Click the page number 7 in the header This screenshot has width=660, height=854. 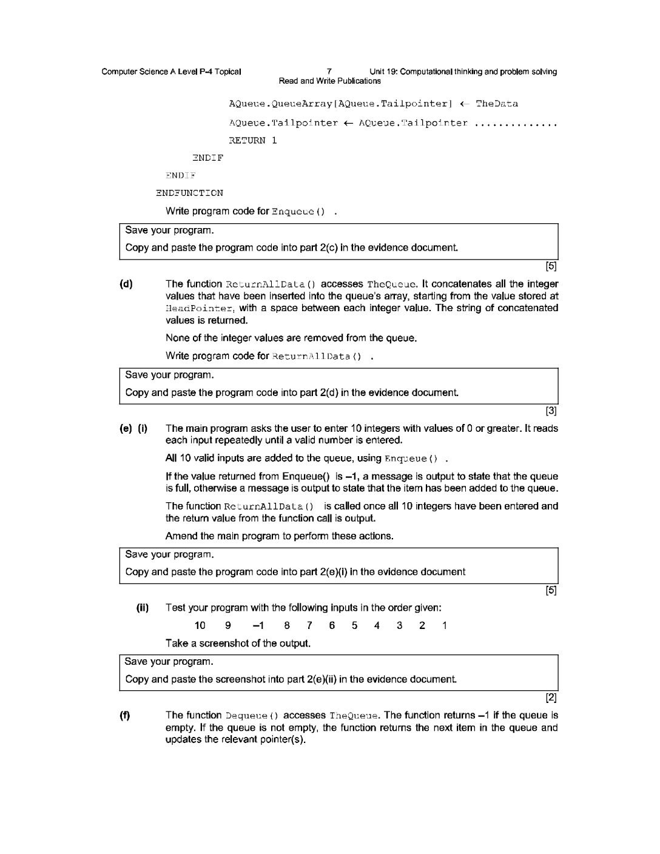pyautogui.click(x=329, y=72)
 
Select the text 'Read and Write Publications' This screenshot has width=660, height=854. pyautogui.click(x=329, y=81)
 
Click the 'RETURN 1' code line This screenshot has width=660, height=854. pyautogui.click(x=252, y=140)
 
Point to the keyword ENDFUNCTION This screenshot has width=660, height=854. pyautogui.click(x=189, y=193)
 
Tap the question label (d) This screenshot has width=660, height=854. pyautogui.click(x=126, y=284)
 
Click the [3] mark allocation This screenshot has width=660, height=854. pyautogui.click(x=551, y=411)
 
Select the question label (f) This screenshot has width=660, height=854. pyautogui.click(x=125, y=715)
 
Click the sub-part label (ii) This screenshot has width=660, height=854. pyautogui.click(x=143, y=608)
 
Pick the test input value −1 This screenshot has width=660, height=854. pyautogui.click(x=258, y=625)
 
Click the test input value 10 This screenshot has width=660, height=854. pyautogui.click(x=200, y=625)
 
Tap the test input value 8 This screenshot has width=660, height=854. pyautogui.click(x=287, y=625)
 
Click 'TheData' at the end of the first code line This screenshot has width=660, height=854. pyautogui.click(x=497, y=104)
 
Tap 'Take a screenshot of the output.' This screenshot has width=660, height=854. pyautogui.click(x=238, y=643)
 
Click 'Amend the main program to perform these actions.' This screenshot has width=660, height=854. pyautogui.click(x=279, y=536)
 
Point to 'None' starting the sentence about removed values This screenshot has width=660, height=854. pyautogui.click(x=177, y=338)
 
